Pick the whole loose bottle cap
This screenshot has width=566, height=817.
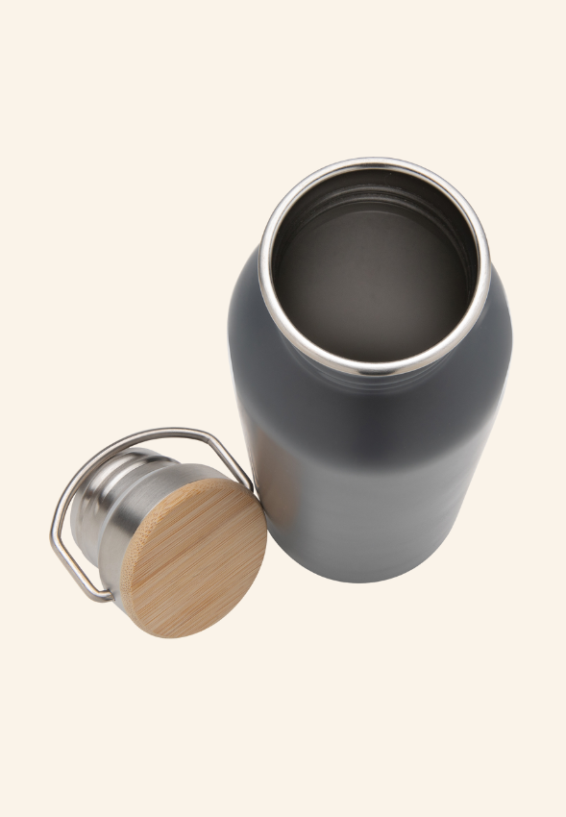point(159,533)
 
